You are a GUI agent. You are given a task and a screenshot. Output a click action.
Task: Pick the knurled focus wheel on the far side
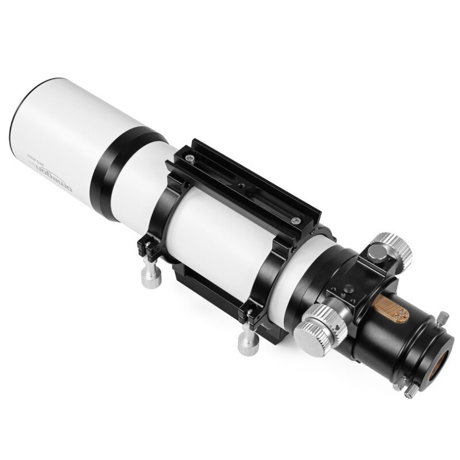pos(393,250)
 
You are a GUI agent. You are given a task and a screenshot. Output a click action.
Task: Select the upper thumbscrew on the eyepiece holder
pos(443,318)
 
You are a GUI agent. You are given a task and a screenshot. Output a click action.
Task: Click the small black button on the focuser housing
pos(347,288)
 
